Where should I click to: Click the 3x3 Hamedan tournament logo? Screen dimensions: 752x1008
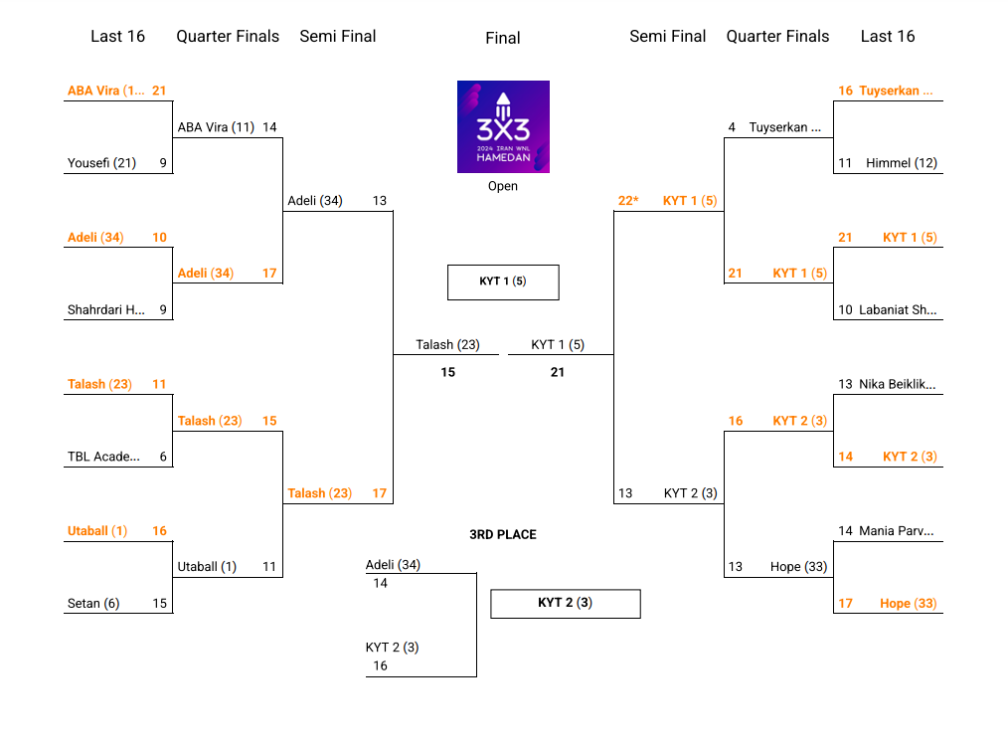[503, 126]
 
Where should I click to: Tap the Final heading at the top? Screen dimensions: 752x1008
[503, 38]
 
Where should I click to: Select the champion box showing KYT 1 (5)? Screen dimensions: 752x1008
[503, 282]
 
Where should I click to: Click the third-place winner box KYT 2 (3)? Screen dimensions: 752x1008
[565, 603]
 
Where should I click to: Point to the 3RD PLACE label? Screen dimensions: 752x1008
[503, 535]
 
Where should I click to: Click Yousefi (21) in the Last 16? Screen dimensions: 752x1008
[101, 163]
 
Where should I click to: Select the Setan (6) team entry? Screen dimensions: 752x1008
[93, 604]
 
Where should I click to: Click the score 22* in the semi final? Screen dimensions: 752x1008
[628, 201]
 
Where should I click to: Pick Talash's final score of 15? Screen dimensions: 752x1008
[448, 372]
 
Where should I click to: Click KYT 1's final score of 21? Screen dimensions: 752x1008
[558, 372]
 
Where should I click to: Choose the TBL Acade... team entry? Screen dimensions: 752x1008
[103, 458]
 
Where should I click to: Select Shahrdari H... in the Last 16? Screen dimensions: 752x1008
[106, 310]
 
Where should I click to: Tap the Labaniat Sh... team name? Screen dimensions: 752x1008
[899, 310]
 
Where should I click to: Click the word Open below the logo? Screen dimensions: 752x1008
[503, 186]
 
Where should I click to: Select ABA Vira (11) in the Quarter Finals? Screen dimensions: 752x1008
[216, 127]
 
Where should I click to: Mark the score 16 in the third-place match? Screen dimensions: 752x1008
[380, 666]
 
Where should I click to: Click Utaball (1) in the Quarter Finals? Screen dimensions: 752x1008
[207, 567]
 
